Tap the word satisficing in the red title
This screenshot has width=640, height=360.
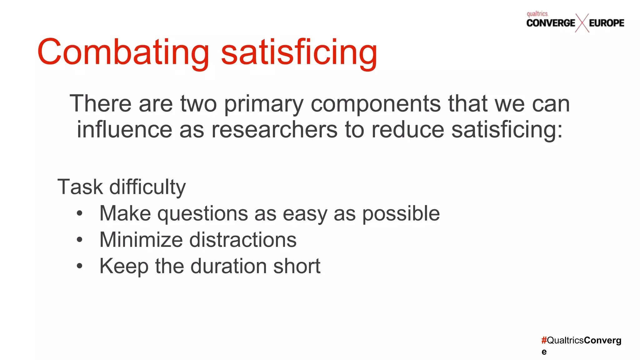click(299, 52)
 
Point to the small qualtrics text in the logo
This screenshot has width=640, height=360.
click(537, 14)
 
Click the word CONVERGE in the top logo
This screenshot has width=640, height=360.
click(551, 23)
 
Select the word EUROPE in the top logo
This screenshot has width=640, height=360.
click(607, 23)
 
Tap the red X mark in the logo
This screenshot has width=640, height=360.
click(582, 23)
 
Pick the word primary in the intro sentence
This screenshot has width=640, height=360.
click(263, 104)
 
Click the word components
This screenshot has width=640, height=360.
click(376, 104)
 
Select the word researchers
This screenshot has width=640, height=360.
click(274, 130)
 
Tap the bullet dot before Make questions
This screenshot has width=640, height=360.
click(80, 214)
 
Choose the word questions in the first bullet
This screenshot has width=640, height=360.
click(202, 214)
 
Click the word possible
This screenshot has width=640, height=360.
click(401, 214)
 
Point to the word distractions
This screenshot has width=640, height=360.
click(243, 240)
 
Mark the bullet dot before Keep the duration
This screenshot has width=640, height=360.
click(80, 266)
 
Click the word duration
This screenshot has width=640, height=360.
click(228, 266)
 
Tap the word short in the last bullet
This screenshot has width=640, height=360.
click(297, 266)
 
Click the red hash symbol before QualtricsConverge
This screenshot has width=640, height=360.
click(544, 340)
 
